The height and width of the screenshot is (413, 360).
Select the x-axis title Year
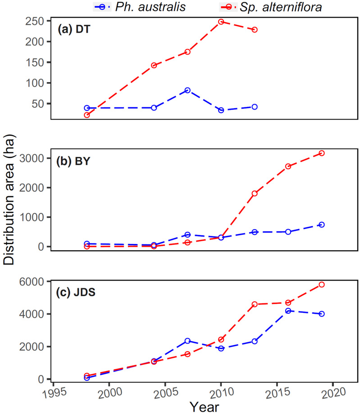[205, 406]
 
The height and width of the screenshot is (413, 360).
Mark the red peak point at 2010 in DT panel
[221, 22]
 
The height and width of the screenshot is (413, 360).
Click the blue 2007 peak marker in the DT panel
[187, 90]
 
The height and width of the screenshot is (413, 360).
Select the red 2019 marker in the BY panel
[321, 153]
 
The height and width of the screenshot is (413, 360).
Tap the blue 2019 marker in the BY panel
[321, 225]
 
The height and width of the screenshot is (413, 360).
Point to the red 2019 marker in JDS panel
[321, 285]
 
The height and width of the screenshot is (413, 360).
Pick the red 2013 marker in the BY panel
[255, 193]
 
